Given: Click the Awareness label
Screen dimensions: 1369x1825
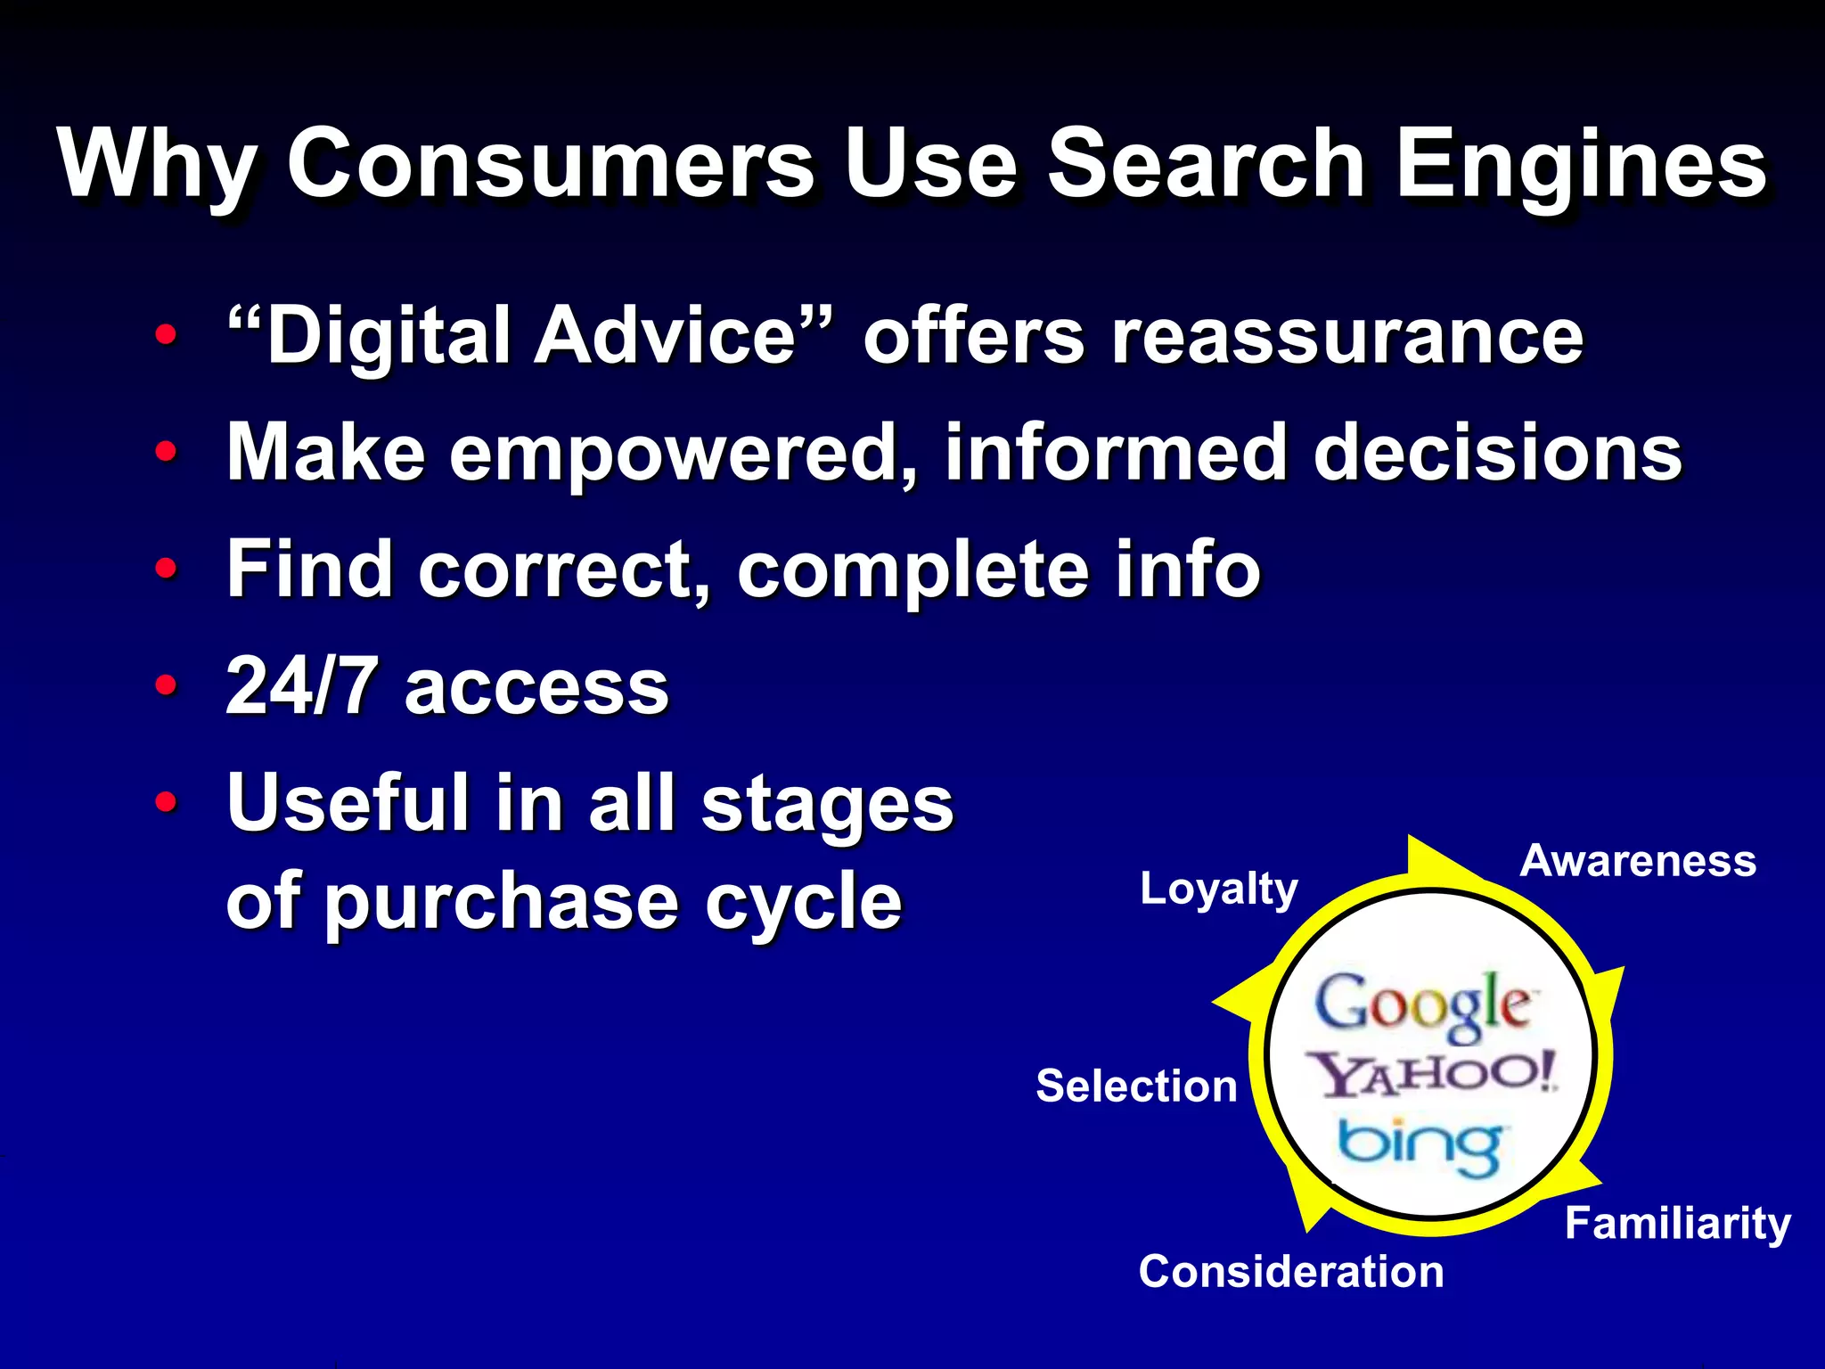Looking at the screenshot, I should click(x=1638, y=861).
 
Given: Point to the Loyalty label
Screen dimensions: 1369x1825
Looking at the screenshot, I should click(x=1219, y=889).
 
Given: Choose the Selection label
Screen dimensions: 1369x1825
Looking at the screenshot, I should click(x=1136, y=1086).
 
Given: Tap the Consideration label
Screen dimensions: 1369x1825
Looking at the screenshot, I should click(x=1291, y=1271).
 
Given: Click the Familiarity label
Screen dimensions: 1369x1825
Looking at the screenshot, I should click(x=1678, y=1223).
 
